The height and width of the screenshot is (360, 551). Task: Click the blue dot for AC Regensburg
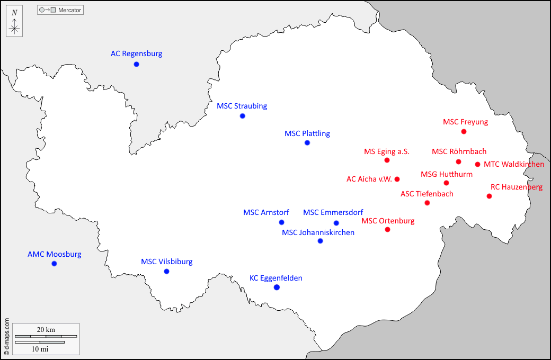point(136,64)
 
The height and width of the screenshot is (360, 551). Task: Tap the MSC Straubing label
point(242,106)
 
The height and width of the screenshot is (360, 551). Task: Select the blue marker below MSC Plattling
point(307,143)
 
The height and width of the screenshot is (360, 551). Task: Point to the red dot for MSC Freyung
point(464,131)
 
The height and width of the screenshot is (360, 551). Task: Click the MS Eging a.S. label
point(386,151)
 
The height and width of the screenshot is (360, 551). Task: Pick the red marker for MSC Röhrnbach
point(458,161)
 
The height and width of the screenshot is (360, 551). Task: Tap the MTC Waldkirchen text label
point(513,164)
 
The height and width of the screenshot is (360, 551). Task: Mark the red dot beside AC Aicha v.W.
point(397,179)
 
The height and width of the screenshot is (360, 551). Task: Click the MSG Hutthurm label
point(446,174)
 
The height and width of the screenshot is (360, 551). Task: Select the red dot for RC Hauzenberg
point(489,196)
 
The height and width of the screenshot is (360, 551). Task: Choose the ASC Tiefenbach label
point(426,194)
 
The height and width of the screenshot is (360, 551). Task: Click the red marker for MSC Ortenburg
point(387,229)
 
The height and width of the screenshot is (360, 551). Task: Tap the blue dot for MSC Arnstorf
point(281,222)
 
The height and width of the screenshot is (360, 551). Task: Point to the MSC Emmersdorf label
point(333,212)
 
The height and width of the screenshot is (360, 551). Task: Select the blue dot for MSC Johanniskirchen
point(320,241)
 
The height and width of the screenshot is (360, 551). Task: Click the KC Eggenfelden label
point(275,278)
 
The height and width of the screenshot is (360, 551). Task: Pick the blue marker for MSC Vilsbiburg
point(166,272)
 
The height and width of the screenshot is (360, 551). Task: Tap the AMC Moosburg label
point(54,254)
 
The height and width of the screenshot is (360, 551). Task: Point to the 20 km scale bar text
point(46,329)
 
